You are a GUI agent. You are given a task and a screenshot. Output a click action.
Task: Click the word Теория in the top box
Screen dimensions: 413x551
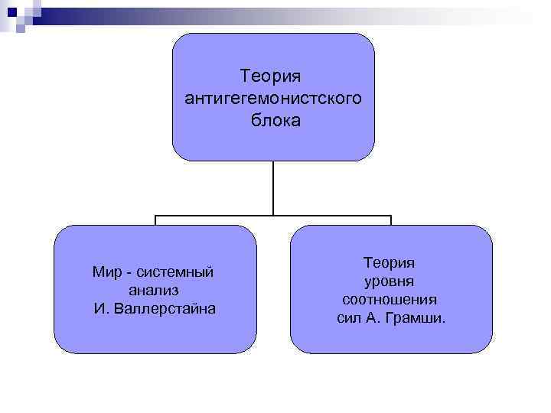pos(273,76)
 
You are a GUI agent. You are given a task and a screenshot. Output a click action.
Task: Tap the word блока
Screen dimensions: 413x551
pos(273,120)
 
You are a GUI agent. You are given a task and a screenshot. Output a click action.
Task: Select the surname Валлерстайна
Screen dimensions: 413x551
pos(166,308)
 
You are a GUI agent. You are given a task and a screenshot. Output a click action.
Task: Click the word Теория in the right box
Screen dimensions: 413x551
pos(390,262)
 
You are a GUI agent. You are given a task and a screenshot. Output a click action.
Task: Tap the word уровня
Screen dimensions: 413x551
pos(390,281)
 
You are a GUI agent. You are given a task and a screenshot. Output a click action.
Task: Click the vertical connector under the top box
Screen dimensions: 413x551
pos(273,187)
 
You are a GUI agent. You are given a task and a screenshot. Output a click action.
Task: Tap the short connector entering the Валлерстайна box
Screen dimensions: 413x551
pos(155,221)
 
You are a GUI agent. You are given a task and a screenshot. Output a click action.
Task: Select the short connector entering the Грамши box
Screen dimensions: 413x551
pos(391,221)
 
